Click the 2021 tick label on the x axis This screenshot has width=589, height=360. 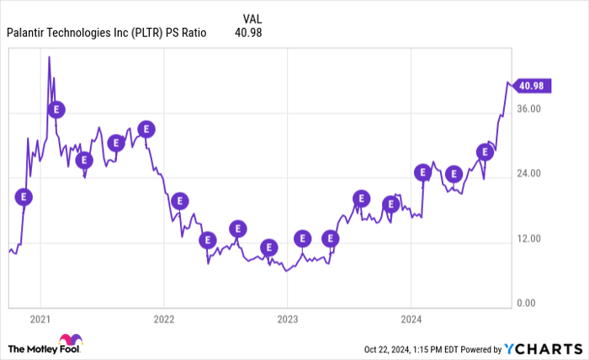40,320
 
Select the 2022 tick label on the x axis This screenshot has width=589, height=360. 163,320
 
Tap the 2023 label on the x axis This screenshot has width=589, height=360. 287,320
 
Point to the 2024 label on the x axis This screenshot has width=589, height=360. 411,320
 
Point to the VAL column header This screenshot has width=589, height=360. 252,17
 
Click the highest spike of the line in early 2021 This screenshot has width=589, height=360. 49,57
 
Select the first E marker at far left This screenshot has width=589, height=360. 24,197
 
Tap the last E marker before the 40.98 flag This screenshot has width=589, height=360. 485,152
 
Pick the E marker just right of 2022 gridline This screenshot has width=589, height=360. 179,201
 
